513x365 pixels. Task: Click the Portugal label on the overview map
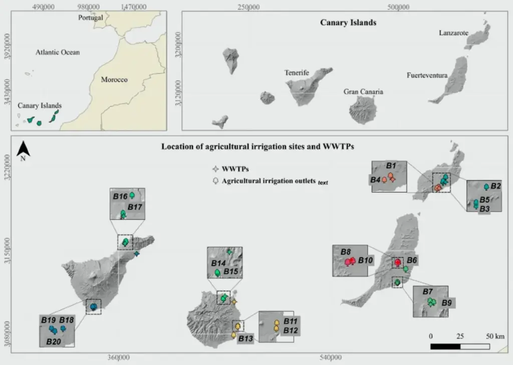tap(91, 18)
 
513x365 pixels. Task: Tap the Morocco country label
tap(114, 80)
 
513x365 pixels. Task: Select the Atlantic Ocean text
tap(58, 52)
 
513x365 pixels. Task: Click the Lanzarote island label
tap(453, 33)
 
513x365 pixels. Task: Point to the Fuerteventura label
tap(427, 76)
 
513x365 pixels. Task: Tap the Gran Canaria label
tap(363, 92)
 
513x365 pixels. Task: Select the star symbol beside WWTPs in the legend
tap(215, 169)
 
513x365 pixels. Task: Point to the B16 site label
tap(120, 197)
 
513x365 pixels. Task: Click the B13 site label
tap(245, 338)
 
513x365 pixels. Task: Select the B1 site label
tap(391, 165)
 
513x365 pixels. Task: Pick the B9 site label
tap(448, 303)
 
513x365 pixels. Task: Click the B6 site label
tap(412, 260)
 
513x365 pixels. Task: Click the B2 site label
tap(495, 187)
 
